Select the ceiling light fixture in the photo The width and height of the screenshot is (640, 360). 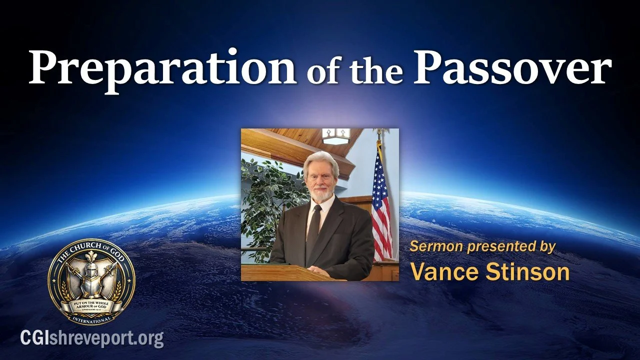335,135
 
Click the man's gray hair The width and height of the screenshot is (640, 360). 320,160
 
